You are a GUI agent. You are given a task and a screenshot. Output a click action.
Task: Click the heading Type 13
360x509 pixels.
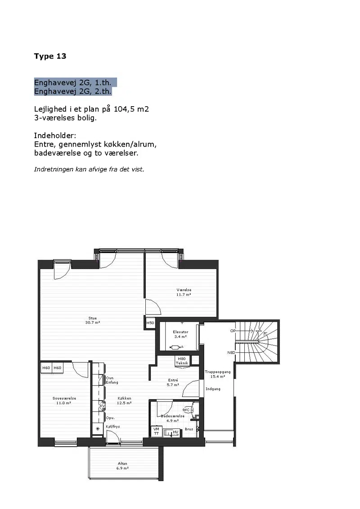(50, 56)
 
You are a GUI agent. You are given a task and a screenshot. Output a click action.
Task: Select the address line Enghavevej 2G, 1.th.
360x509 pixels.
(73, 83)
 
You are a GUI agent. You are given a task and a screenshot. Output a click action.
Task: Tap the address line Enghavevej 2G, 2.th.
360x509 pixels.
(73, 91)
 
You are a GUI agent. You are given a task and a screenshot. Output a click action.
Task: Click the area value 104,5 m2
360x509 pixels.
(131, 109)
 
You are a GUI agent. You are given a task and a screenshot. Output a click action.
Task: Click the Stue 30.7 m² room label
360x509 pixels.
(93, 320)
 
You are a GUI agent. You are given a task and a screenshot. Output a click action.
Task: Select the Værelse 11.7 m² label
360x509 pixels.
(184, 292)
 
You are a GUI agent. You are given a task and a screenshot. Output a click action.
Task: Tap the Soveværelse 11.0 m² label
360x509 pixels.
(64, 401)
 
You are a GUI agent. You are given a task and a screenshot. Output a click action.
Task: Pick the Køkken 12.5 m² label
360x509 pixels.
(124, 401)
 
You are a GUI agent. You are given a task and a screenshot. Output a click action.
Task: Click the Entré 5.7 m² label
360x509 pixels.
(173, 383)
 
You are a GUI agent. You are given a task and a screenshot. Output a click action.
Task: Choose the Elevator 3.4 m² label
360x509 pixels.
(180, 334)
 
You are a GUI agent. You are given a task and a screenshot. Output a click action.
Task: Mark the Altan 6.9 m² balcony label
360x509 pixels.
(123, 466)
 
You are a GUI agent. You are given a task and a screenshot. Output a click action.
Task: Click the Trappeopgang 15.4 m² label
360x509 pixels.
(217, 374)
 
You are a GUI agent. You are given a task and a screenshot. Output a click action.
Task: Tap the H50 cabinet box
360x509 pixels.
(150, 323)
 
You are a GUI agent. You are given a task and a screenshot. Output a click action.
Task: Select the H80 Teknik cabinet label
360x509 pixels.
(182, 361)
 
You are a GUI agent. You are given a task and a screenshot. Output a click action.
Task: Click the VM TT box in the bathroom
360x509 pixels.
(156, 431)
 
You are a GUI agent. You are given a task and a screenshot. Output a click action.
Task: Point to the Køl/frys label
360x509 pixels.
(112, 427)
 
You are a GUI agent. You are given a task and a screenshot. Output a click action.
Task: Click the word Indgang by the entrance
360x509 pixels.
(213, 389)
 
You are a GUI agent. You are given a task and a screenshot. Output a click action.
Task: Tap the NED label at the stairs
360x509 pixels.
(231, 352)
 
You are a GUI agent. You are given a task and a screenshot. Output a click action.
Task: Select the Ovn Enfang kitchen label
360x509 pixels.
(112, 380)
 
